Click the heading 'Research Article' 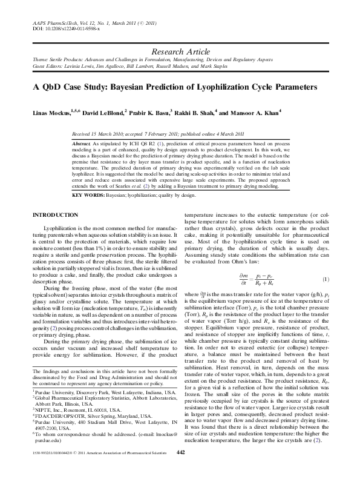pos(180,53)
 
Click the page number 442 pos(180,469)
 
